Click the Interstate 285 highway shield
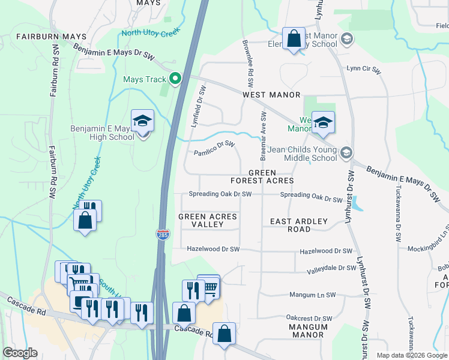[x=163, y=235]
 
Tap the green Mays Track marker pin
[x=175, y=79]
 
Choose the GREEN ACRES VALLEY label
[x=208, y=220]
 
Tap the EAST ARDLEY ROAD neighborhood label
[x=299, y=225]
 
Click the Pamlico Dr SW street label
[x=214, y=152]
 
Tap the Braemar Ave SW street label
[x=263, y=136]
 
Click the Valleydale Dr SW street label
[x=331, y=268]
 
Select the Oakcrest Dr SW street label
[x=309, y=319]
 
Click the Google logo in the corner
[x=20, y=353]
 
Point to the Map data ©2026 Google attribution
[x=412, y=355]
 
